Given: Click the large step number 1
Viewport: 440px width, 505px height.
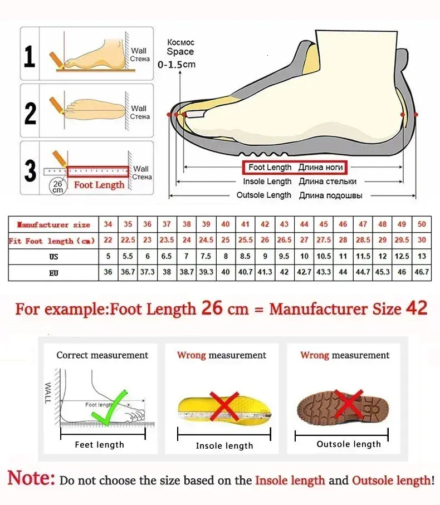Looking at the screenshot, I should [x=30, y=56].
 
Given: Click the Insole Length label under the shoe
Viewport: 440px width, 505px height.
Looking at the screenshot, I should [x=267, y=182].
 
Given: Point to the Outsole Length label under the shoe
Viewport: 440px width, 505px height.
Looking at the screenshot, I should [x=264, y=195].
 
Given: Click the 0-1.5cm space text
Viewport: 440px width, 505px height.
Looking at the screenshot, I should [x=177, y=65].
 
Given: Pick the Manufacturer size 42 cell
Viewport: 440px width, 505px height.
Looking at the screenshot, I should [x=265, y=224].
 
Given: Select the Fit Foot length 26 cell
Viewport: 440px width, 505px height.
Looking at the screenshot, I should [x=265, y=241].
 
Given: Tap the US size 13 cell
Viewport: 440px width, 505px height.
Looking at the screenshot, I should [x=422, y=257].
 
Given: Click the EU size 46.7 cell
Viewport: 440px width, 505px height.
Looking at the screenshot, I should [x=422, y=273].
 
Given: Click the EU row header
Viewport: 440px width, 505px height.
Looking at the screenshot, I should [x=53, y=273].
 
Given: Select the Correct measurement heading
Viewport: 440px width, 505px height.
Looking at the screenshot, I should [x=102, y=355].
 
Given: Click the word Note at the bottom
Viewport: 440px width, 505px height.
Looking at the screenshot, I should [x=31, y=478].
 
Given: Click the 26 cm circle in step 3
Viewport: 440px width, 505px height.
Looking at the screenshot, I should [x=57, y=186].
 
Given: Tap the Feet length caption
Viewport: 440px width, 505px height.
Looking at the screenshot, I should [x=100, y=445].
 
